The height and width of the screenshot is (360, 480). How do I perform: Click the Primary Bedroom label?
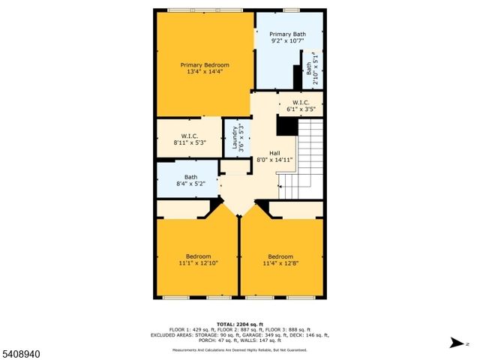click(x=205, y=65)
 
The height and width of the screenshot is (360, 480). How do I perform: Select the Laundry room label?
click(x=234, y=139)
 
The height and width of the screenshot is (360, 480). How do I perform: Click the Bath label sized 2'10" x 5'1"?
click(x=309, y=68)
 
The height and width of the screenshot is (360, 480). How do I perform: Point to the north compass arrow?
click(x=455, y=344)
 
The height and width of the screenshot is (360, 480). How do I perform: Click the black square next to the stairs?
click(x=287, y=126)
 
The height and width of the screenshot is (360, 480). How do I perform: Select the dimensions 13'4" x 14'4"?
click(x=205, y=73)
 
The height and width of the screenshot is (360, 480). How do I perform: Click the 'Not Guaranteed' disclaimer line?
click(x=239, y=349)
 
